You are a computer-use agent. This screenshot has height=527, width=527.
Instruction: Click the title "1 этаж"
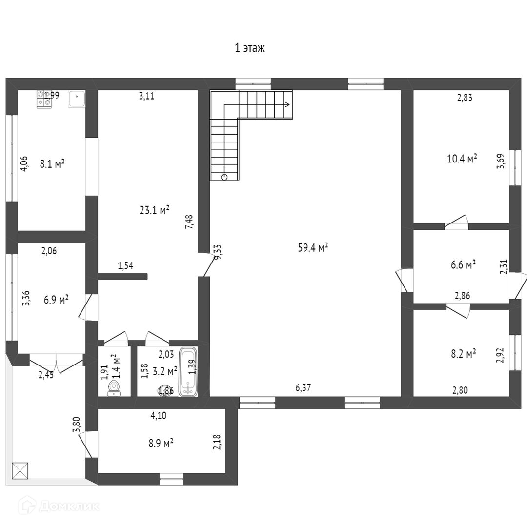250,48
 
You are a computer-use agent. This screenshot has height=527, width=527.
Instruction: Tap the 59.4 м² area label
313,248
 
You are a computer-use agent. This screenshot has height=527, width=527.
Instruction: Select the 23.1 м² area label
154,210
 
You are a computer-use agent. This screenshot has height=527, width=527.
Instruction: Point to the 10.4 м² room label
462,159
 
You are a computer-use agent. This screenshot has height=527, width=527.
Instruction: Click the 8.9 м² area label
161,444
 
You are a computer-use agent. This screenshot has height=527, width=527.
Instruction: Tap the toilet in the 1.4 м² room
114,387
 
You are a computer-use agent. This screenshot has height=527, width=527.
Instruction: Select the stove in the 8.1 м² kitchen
44,100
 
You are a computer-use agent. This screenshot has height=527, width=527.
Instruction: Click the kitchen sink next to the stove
77,99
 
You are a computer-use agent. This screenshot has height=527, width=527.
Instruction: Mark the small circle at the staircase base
224,177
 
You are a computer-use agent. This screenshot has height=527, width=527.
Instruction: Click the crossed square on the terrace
20,471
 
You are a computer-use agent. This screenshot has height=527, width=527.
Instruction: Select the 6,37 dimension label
303,388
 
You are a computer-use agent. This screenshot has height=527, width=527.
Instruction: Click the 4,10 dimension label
158,416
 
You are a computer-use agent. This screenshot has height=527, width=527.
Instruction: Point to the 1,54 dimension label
125,266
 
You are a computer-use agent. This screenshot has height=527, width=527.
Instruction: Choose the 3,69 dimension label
500,161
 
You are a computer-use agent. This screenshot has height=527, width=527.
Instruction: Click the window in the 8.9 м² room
172,479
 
